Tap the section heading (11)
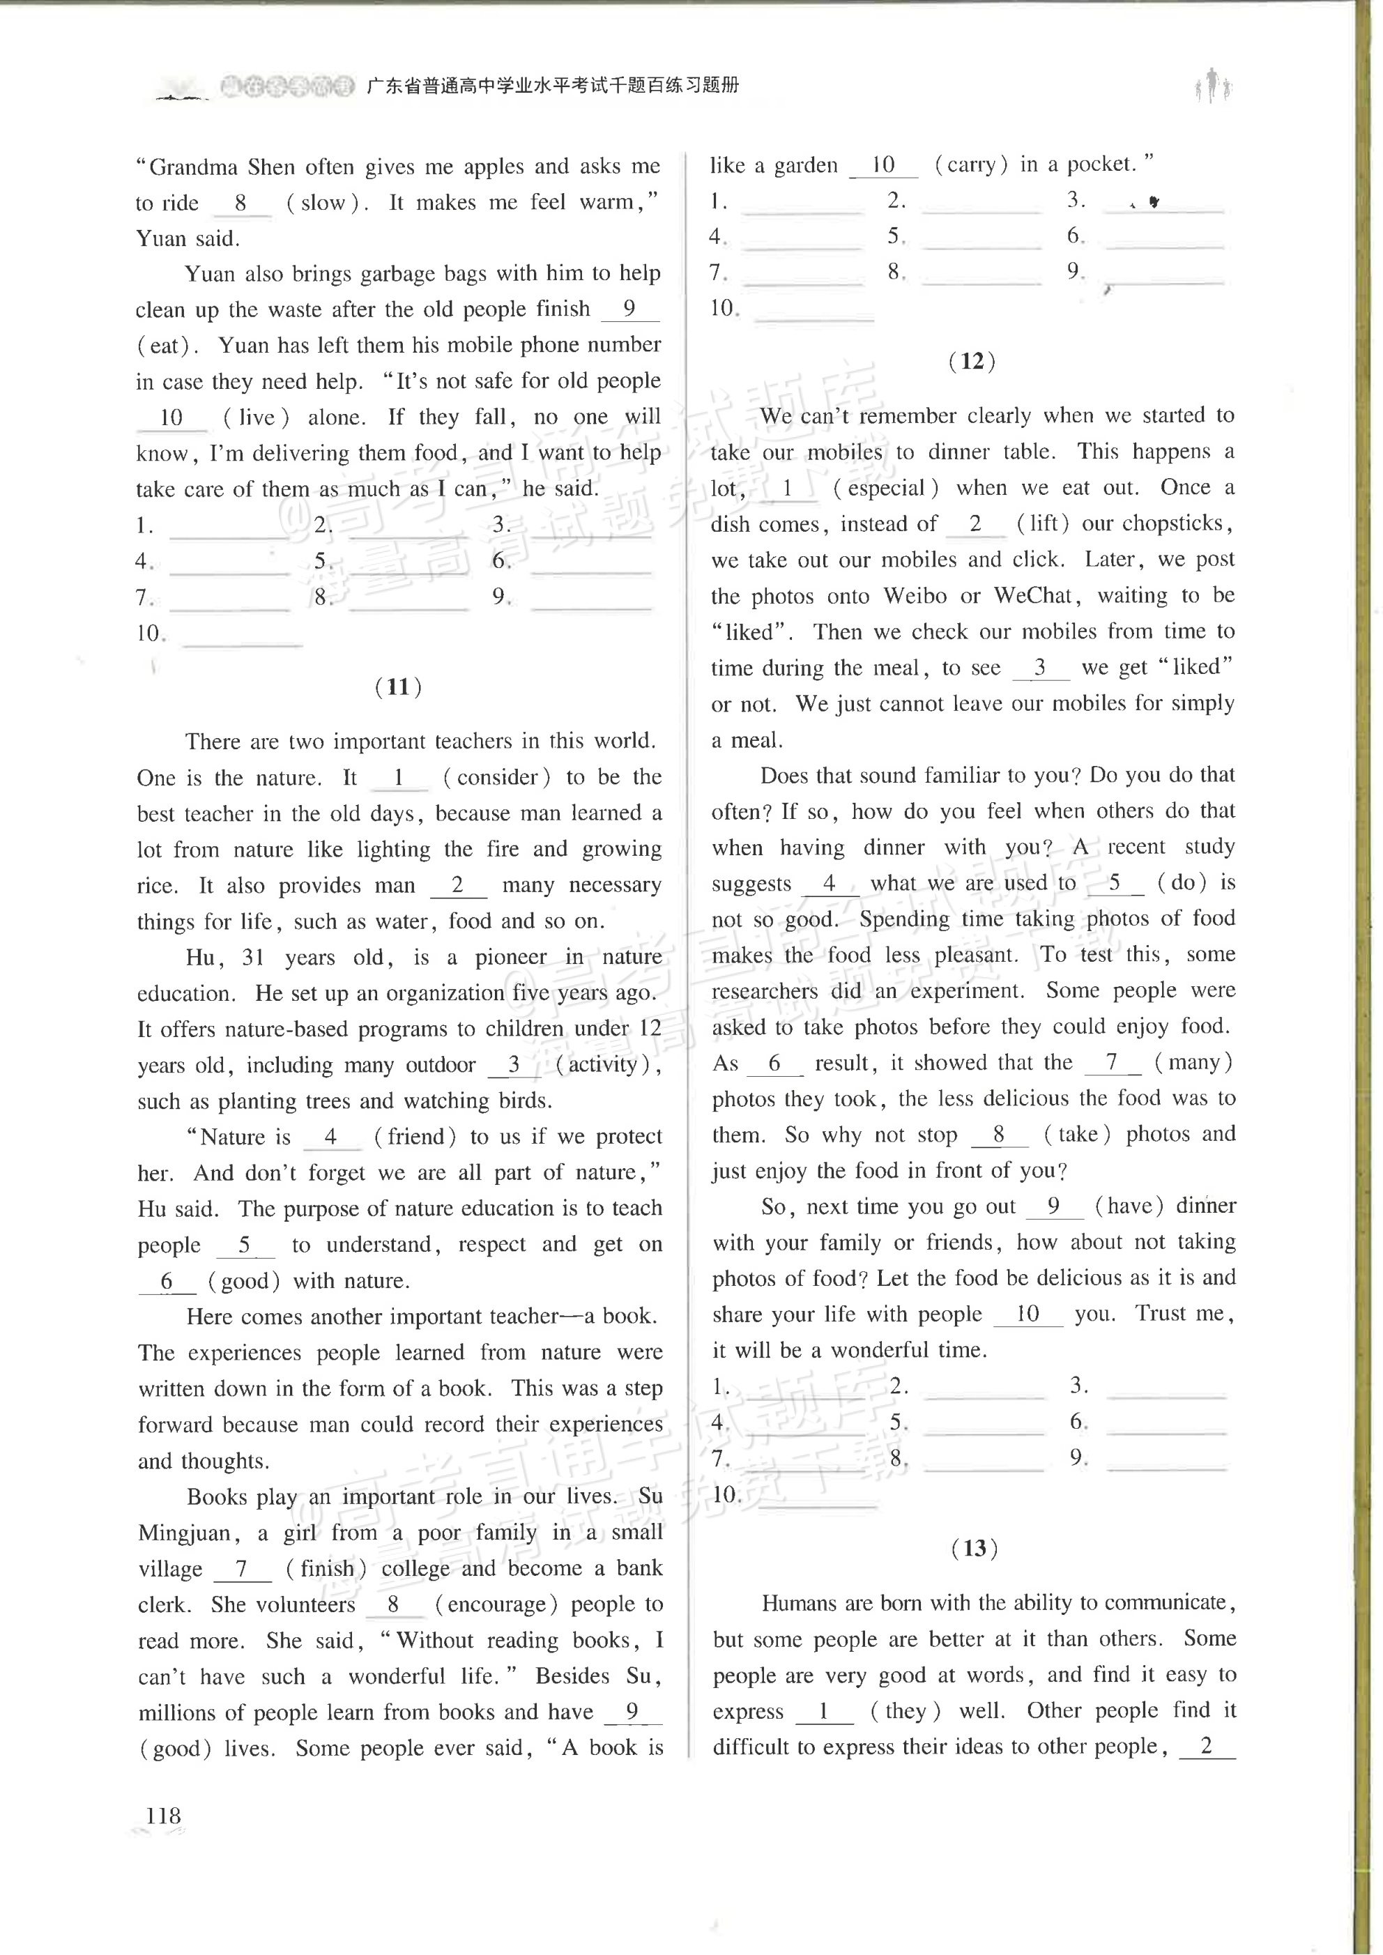[399, 687]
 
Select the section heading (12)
[972, 361]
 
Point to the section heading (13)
[975, 1548]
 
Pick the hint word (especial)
[886, 488]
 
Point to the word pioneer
[511, 957]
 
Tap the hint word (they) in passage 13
[904, 1710]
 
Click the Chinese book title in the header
[552, 85]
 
